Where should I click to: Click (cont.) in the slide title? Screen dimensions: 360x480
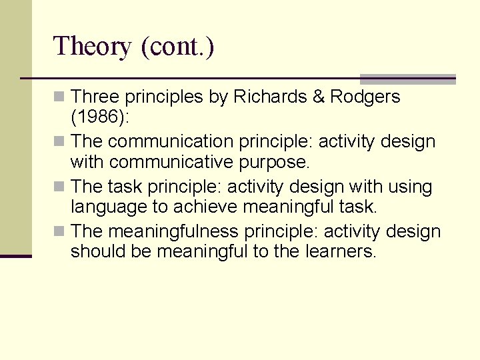click(x=177, y=47)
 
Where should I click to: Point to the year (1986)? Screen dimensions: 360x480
click(x=101, y=117)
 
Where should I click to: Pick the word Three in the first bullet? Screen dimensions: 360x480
click(x=95, y=97)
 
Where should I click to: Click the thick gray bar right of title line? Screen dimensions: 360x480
click(x=407, y=79)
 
